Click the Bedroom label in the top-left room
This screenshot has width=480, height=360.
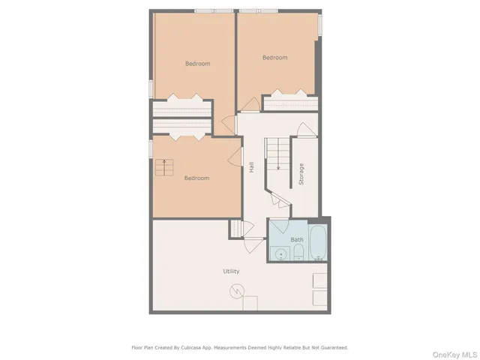pyautogui.click(x=197, y=64)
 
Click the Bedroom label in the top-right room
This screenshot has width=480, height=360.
pyautogui.click(x=274, y=58)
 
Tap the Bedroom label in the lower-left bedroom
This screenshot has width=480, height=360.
pyautogui.click(x=196, y=178)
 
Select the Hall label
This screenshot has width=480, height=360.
pyautogui.click(x=251, y=168)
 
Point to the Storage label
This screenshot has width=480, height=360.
pyautogui.click(x=301, y=174)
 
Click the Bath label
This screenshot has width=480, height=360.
pyautogui.click(x=297, y=240)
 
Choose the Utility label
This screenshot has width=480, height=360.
pyautogui.click(x=231, y=271)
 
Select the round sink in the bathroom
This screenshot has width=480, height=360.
pyautogui.click(x=280, y=253)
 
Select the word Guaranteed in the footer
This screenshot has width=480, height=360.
pyautogui.click(x=330, y=347)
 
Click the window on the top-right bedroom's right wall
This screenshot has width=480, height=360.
pyautogui.click(x=322, y=26)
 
